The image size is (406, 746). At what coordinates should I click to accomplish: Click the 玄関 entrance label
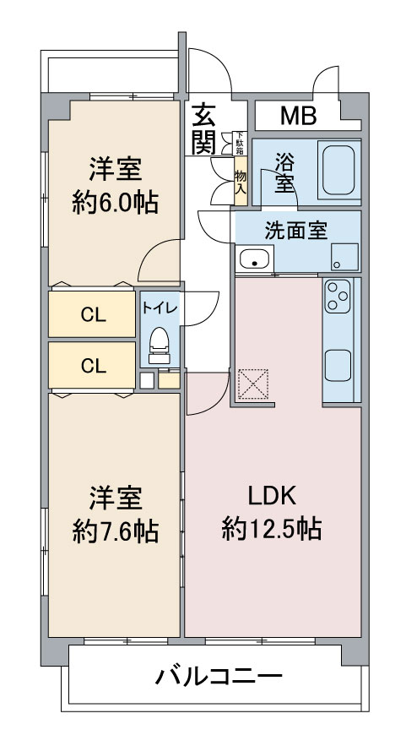tap(203, 128)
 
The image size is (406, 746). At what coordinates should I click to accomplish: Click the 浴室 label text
tap(284, 170)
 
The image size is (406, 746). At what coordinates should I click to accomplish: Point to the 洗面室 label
tap(295, 230)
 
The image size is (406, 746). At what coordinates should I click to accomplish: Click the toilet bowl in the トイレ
tap(159, 341)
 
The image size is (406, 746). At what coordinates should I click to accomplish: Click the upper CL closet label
tap(93, 314)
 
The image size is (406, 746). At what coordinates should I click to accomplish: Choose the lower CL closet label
tap(93, 365)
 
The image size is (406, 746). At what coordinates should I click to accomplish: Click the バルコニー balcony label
tap(219, 676)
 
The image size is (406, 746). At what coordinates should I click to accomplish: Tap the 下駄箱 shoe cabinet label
tap(239, 144)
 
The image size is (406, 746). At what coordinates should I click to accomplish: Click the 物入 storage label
tap(240, 182)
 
